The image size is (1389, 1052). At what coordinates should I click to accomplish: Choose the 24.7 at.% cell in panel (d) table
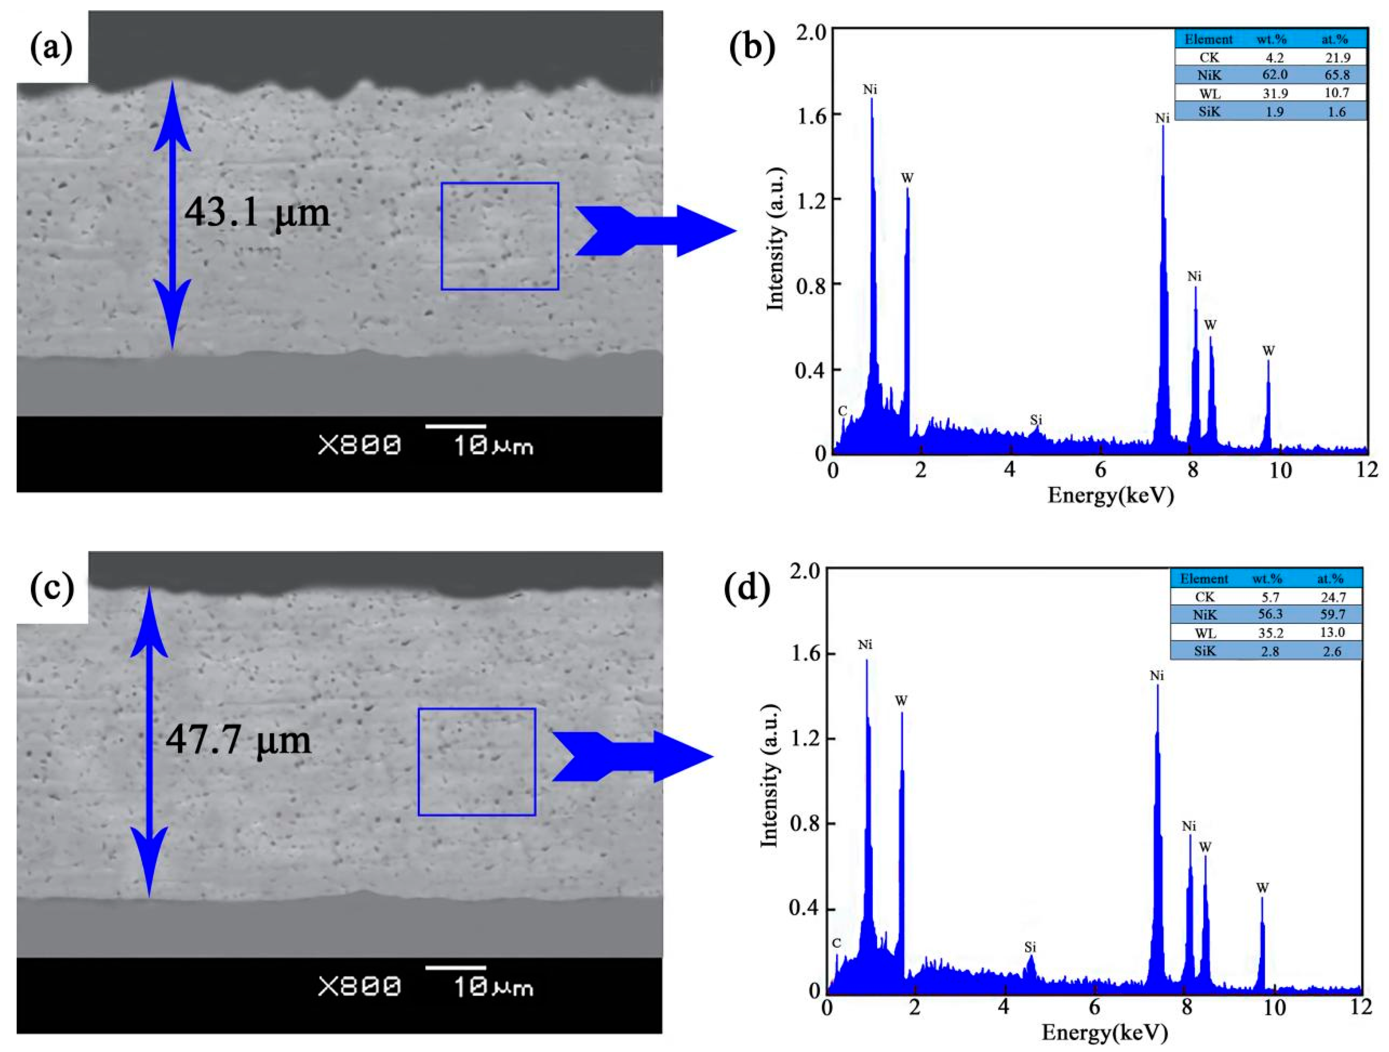pos(1331,597)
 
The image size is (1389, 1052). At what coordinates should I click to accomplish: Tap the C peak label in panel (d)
pos(836,943)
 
